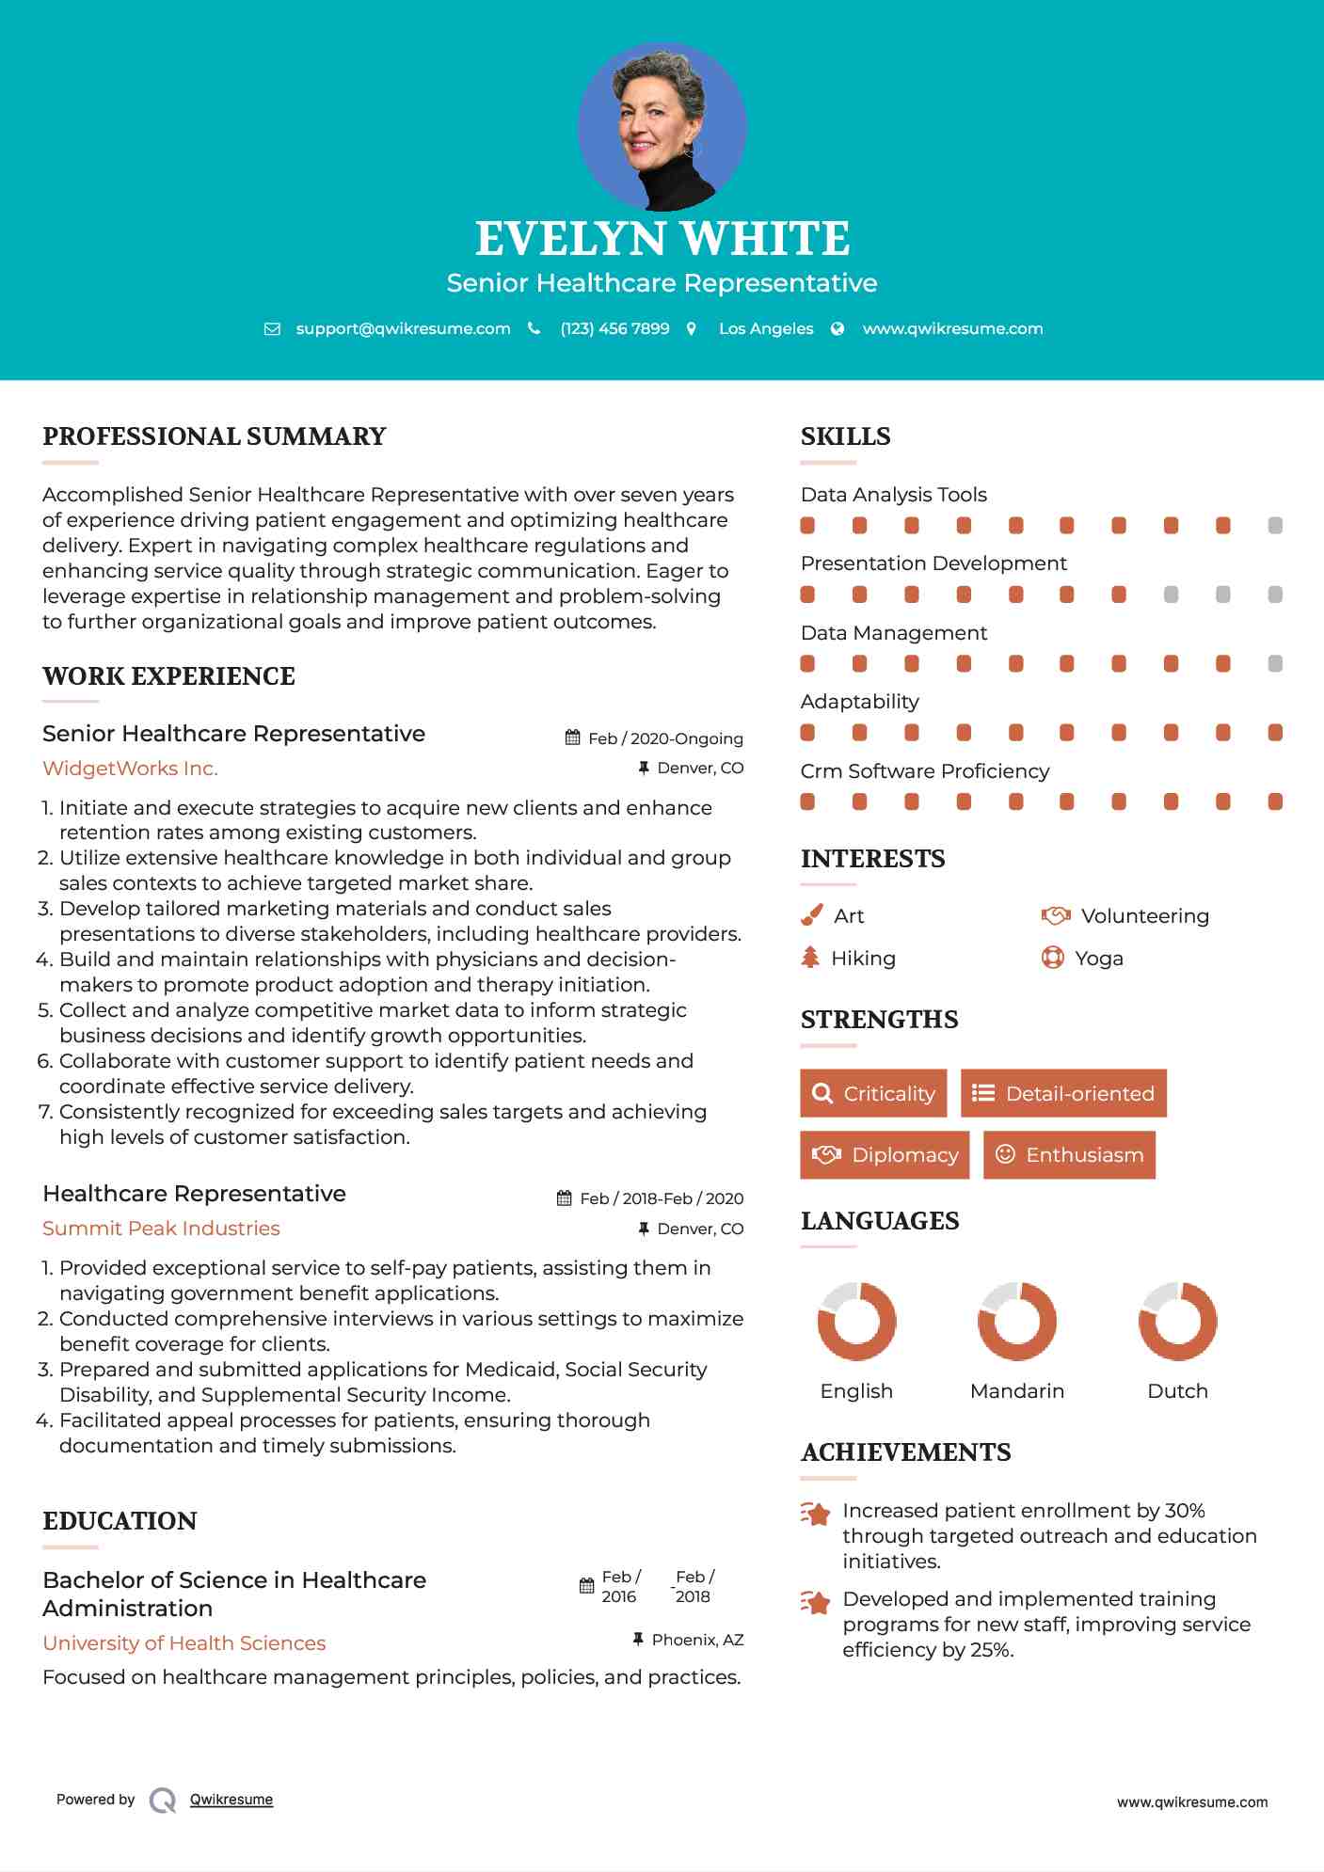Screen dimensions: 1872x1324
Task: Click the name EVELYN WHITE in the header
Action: point(662,239)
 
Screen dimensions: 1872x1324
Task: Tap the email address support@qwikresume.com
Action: point(403,328)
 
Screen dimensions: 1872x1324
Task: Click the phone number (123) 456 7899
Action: point(614,328)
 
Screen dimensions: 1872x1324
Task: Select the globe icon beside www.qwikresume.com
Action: point(837,328)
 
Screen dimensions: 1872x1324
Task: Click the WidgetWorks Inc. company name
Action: point(130,769)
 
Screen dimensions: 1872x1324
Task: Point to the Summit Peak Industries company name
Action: point(161,1229)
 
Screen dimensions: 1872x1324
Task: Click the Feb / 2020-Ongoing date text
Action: point(665,738)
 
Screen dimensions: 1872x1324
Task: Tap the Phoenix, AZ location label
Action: point(697,1640)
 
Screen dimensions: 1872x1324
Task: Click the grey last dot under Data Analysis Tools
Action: point(1275,526)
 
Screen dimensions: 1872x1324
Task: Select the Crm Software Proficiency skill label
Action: point(924,771)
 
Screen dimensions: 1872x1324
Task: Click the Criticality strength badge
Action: point(873,1093)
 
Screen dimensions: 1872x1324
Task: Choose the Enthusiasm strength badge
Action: point(1069,1155)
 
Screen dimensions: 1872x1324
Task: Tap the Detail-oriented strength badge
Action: point(1063,1093)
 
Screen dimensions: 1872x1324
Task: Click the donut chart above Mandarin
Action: point(1016,1321)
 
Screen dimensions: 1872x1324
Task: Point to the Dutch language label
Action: point(1177,1391)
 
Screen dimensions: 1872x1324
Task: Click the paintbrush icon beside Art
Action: point(811,915)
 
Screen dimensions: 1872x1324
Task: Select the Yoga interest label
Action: point(1099,959)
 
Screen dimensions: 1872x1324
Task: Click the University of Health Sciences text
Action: point(184,1643)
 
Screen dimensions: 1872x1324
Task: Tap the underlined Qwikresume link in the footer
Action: point(231,1800)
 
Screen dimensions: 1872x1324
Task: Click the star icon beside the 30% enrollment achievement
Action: point(816,1514)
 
